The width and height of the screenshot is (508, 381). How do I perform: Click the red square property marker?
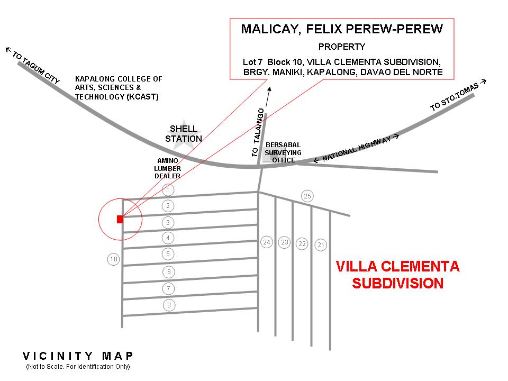(120, 219)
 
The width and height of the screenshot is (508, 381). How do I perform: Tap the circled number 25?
(307, 196)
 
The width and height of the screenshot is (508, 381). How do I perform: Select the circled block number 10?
(113, 259)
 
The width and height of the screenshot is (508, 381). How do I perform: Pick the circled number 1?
(168, 189)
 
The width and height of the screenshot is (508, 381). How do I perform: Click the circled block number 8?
(168, 305)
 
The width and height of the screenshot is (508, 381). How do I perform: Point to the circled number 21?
(321, 244)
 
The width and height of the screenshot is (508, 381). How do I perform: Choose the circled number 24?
(267, 242)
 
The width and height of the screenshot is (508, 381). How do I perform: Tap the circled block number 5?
(168, 254)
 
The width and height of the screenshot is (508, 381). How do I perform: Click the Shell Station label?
(184, 134)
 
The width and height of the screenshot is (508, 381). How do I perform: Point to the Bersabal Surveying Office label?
(283, 152)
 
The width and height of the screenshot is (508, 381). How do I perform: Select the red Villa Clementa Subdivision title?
(397, 274)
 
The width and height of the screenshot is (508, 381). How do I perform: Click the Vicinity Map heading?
(78, 356)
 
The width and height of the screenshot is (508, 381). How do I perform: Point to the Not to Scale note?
(78, 367)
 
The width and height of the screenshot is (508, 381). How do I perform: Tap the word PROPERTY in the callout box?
(341, 47)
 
